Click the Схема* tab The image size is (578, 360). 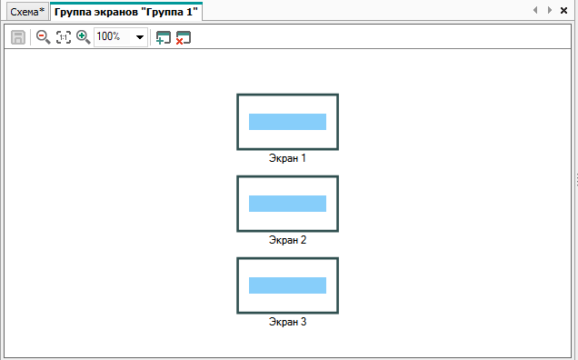(x=27, y=12)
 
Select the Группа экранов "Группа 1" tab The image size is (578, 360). (x=126, y=12)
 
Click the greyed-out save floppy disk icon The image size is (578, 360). (x=18, y=37)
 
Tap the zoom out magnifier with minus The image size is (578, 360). (x=43, y=37)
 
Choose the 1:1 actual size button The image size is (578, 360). (x=64, y=37)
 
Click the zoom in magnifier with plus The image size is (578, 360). (x=83, y=37)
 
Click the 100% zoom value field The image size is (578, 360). (x=112, y=36)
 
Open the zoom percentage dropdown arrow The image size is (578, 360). (x=140, y=37)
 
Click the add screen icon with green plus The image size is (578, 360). (x=164, y=37)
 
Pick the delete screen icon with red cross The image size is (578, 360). (x=184, y=37)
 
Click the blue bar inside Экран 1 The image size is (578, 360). (x=287, y=122)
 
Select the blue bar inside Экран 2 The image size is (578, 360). (x=287, y=204)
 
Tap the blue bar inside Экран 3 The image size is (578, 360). (x=287, y=285)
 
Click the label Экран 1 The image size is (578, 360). (x=287, y=158)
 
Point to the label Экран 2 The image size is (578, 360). (x=287, y=240)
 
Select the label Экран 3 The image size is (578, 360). (x=287, y=322)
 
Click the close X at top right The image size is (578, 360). (x=563, y=10)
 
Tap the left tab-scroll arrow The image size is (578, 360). (x=535, y=10)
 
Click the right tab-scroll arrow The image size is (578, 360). (x=550, y=10)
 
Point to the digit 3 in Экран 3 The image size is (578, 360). (x=304, y=322)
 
